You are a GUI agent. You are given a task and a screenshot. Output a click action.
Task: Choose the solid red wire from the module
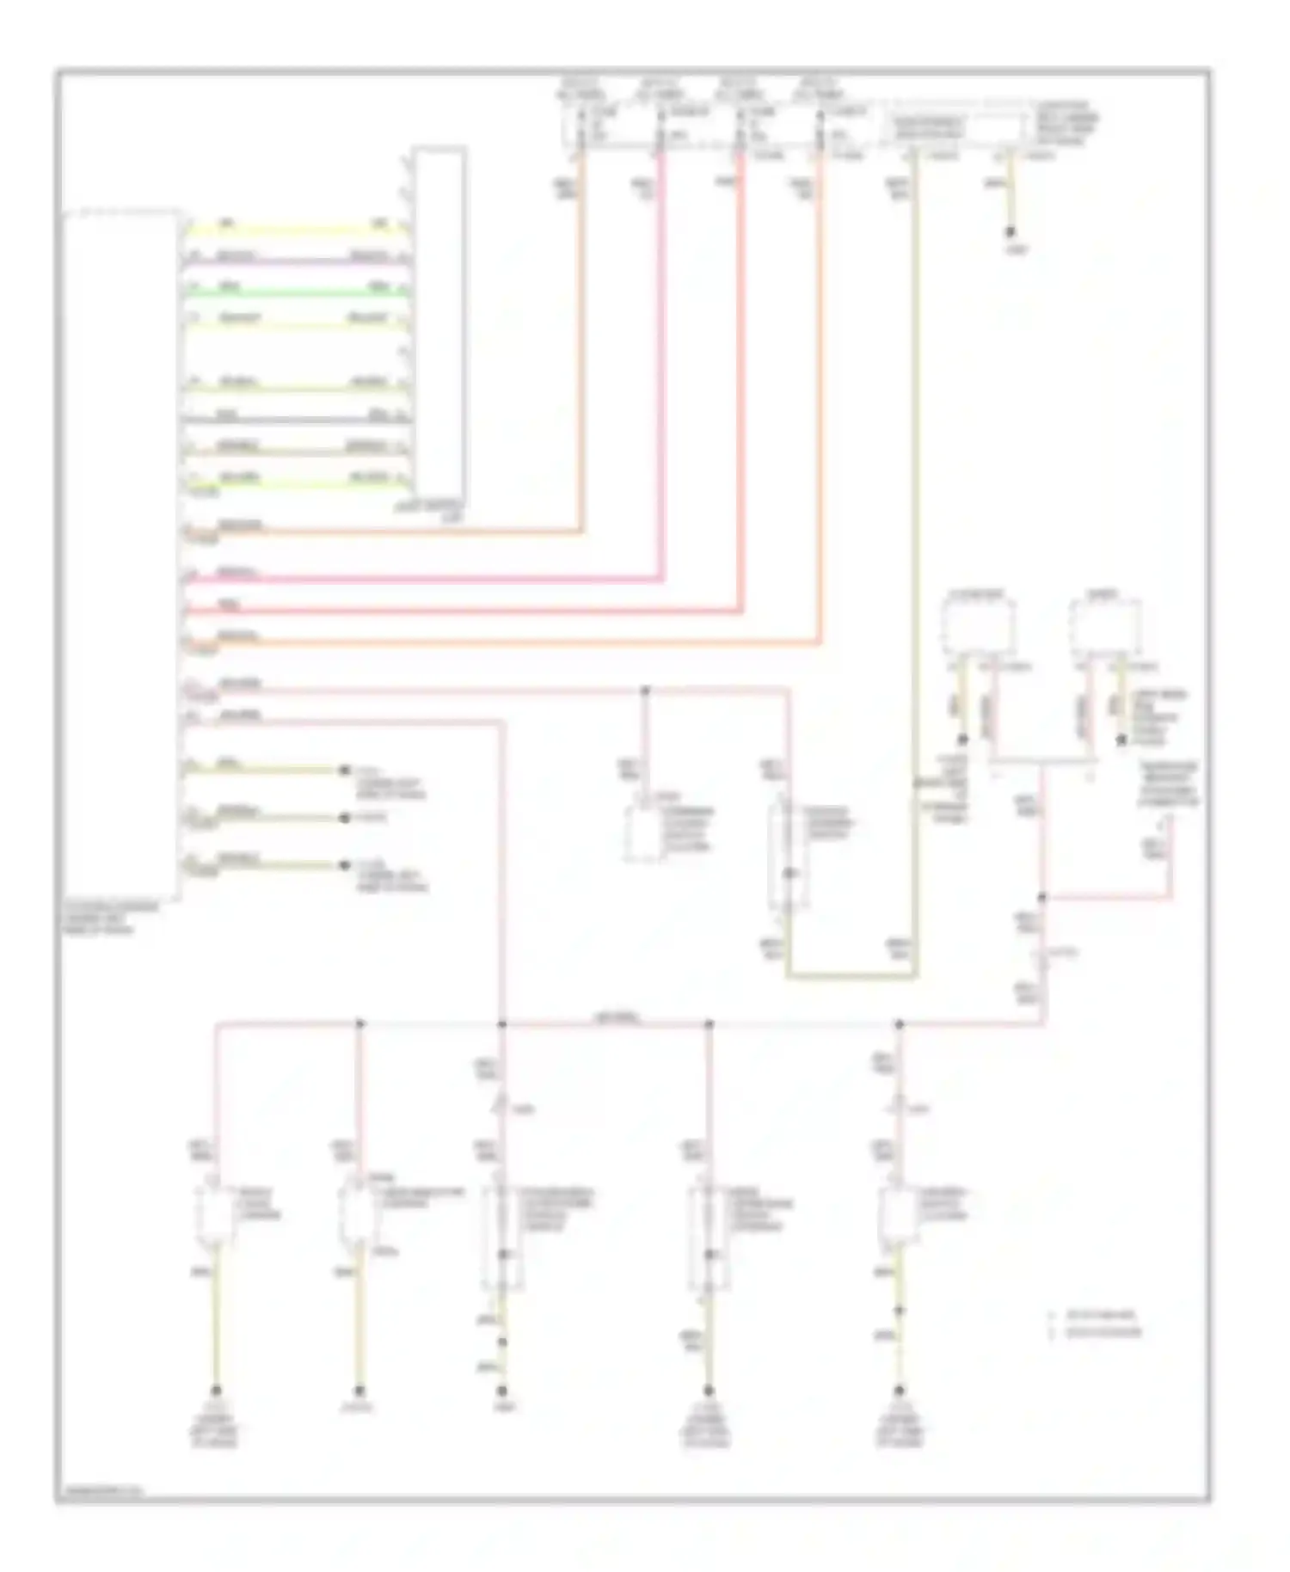pyautogui.click(x=464, y=611)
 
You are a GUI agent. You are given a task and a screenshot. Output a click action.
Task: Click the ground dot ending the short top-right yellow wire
pyautogui.click(x=1010, y=232)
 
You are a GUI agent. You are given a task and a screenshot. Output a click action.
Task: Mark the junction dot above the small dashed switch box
pyautogui.click(x=645, y=690)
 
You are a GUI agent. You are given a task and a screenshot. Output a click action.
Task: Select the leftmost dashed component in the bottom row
pyautogui.click(x=214, y=1214)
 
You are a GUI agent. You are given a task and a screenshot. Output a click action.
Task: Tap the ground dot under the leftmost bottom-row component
pyautogui.click(x=216, y=1390)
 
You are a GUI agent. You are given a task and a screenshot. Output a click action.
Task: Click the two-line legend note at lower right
pyautogui.click(x=1096, y=1324)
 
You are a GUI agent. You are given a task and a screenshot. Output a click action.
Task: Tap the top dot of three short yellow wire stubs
pyautogui.click(x=345, y=770)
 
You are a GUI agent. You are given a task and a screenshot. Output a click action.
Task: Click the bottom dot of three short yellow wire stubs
pyautogui.click(x=345, y=865)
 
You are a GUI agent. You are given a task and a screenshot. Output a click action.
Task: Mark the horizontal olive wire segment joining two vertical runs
pyautogui.click(x=851, y=976)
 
